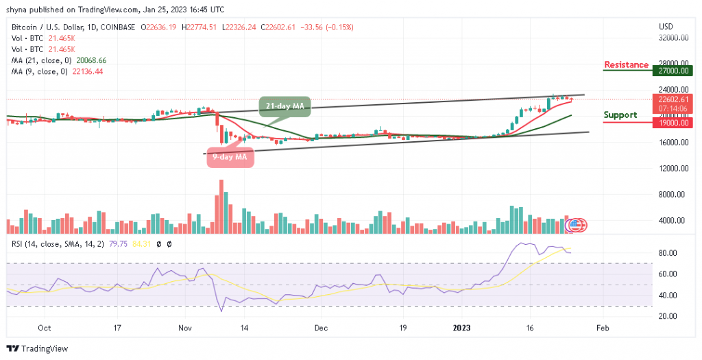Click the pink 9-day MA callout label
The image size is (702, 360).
(x=230, y=156)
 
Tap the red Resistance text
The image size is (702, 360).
(x=626, y=65)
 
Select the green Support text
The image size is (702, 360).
(x=620, y=115)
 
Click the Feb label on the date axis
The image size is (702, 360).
(x=601, y=328)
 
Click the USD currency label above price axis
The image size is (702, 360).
(x=665, y=27)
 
